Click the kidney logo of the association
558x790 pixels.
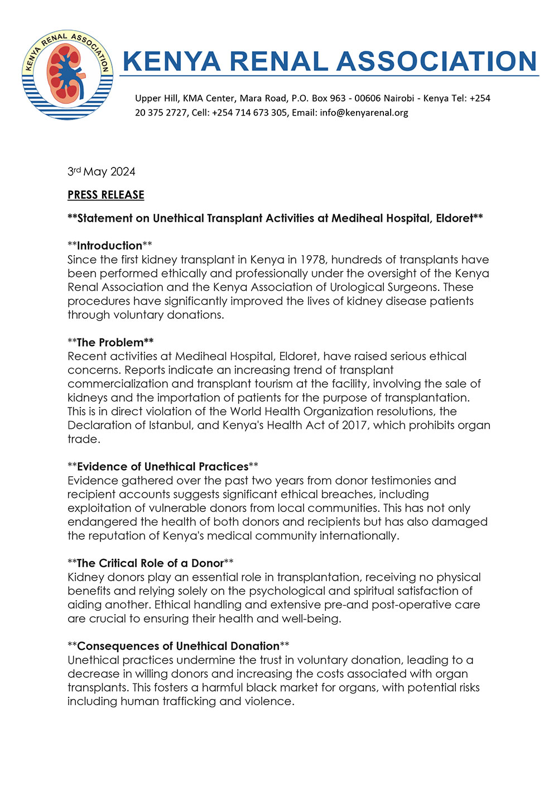click(68, 74)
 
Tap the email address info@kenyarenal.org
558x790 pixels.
click(364, 112)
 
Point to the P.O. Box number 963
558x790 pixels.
click(338, 98)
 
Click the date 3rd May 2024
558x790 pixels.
click(101, 171)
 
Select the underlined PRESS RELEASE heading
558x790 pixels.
click(106, 195)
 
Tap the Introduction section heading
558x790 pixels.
click(109, 246)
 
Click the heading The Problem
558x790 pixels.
click(110, 342)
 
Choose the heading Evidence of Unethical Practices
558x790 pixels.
click(162, 466)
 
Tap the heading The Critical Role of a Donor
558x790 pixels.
click(150, 563)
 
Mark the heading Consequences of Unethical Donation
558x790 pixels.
click(178, 646)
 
